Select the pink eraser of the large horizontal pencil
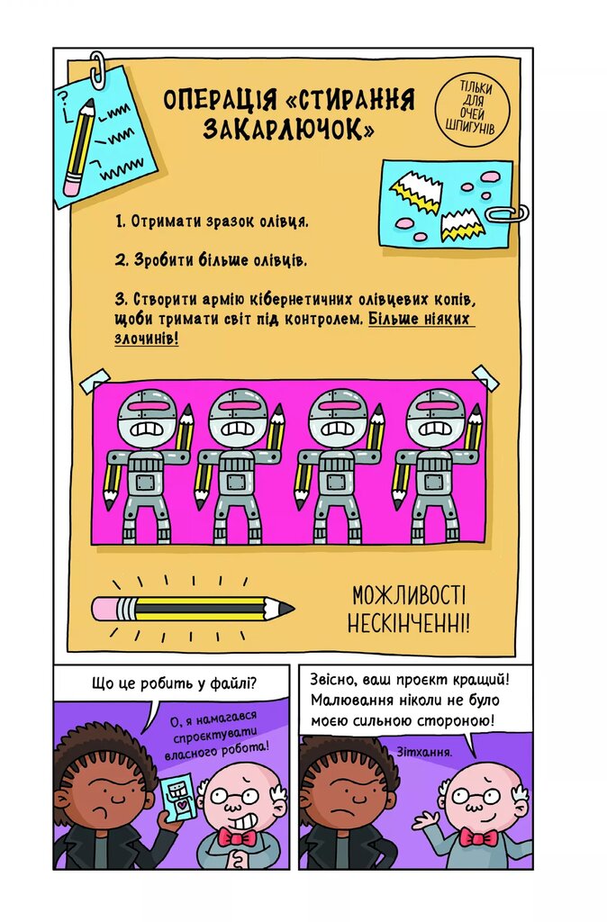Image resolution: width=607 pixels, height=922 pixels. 106,609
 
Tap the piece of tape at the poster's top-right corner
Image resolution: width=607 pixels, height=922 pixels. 485,377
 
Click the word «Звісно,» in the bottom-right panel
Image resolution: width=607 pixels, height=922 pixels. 338,679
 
